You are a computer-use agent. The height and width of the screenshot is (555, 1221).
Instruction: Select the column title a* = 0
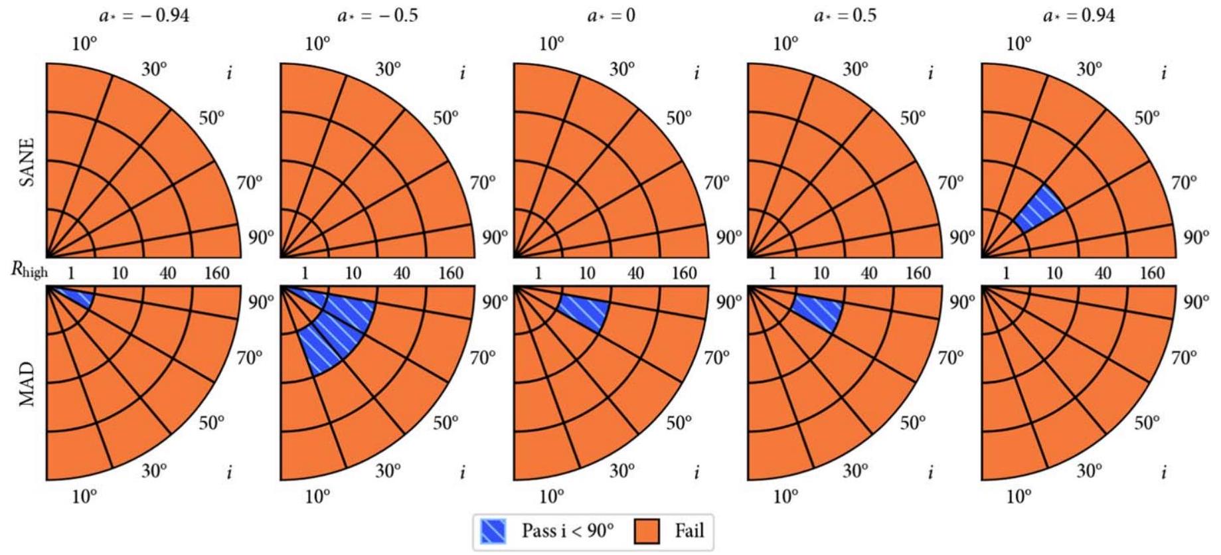(611, 15)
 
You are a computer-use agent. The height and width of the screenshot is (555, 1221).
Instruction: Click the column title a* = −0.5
(378, 15)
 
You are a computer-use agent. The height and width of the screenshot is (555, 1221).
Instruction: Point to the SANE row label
(27, 161)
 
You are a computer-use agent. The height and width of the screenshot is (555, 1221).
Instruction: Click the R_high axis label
(30, 271)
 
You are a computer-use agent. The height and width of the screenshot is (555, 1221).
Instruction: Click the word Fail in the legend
(689, 531)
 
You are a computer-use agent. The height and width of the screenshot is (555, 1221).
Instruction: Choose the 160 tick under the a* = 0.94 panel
(1152, 273)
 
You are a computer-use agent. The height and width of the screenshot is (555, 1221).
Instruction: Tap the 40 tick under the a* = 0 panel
(635, 273)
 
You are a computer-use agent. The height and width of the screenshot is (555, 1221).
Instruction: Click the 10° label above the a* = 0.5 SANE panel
(785, 44)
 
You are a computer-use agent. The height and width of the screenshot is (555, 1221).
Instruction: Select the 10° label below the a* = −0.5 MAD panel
(317, 496)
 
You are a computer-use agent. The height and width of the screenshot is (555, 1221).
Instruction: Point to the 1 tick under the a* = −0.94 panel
(71, 273)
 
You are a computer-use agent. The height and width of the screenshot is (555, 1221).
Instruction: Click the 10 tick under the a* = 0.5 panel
(821, 273)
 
